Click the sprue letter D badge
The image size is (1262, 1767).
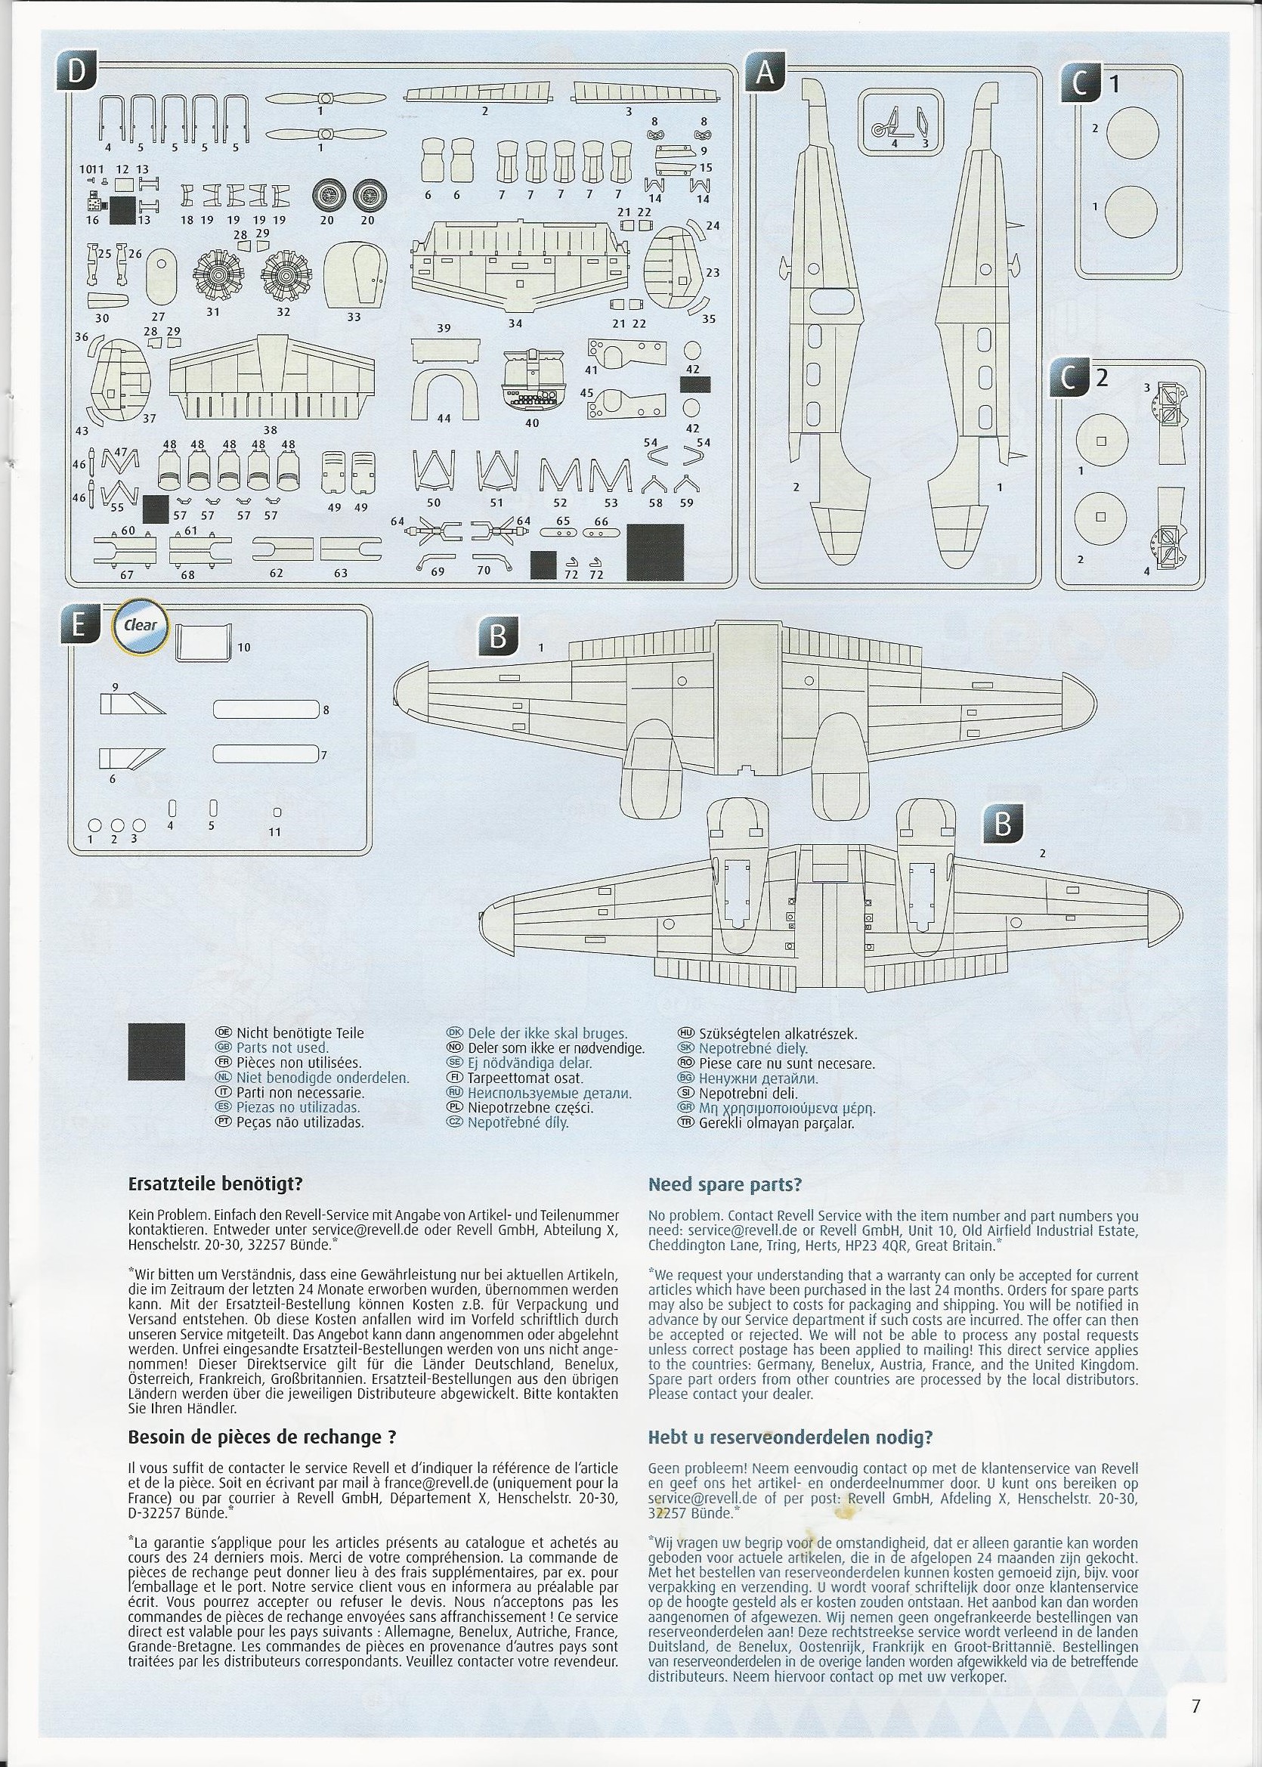[75, 72]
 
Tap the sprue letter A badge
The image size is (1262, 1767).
[766, 73]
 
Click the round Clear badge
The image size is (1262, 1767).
[141, 625]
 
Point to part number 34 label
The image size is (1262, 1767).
[515, 323]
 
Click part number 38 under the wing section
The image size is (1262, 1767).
[271, 429]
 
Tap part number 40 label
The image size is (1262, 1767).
[532, 422]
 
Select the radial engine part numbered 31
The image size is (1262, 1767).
[214, 277]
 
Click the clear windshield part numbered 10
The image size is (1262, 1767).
[203, 642]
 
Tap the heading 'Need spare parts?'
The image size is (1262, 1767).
[724, 1184]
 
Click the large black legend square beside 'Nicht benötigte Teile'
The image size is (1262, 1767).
[156, 1063]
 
